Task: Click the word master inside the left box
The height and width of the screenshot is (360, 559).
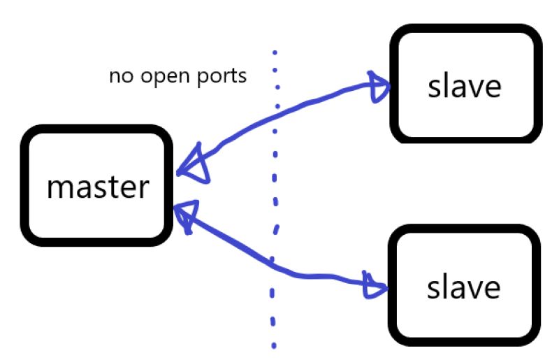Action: coord(97,187)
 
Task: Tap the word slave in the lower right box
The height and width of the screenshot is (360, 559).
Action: coord(465,287)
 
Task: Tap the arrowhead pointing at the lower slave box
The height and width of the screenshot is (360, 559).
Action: coord(376,285)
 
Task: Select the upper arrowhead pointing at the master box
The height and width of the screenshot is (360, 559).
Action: coord(194,166)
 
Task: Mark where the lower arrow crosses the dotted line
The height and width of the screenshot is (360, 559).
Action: coord(273,262)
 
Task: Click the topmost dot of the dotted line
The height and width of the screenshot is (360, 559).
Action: coord(275,52)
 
